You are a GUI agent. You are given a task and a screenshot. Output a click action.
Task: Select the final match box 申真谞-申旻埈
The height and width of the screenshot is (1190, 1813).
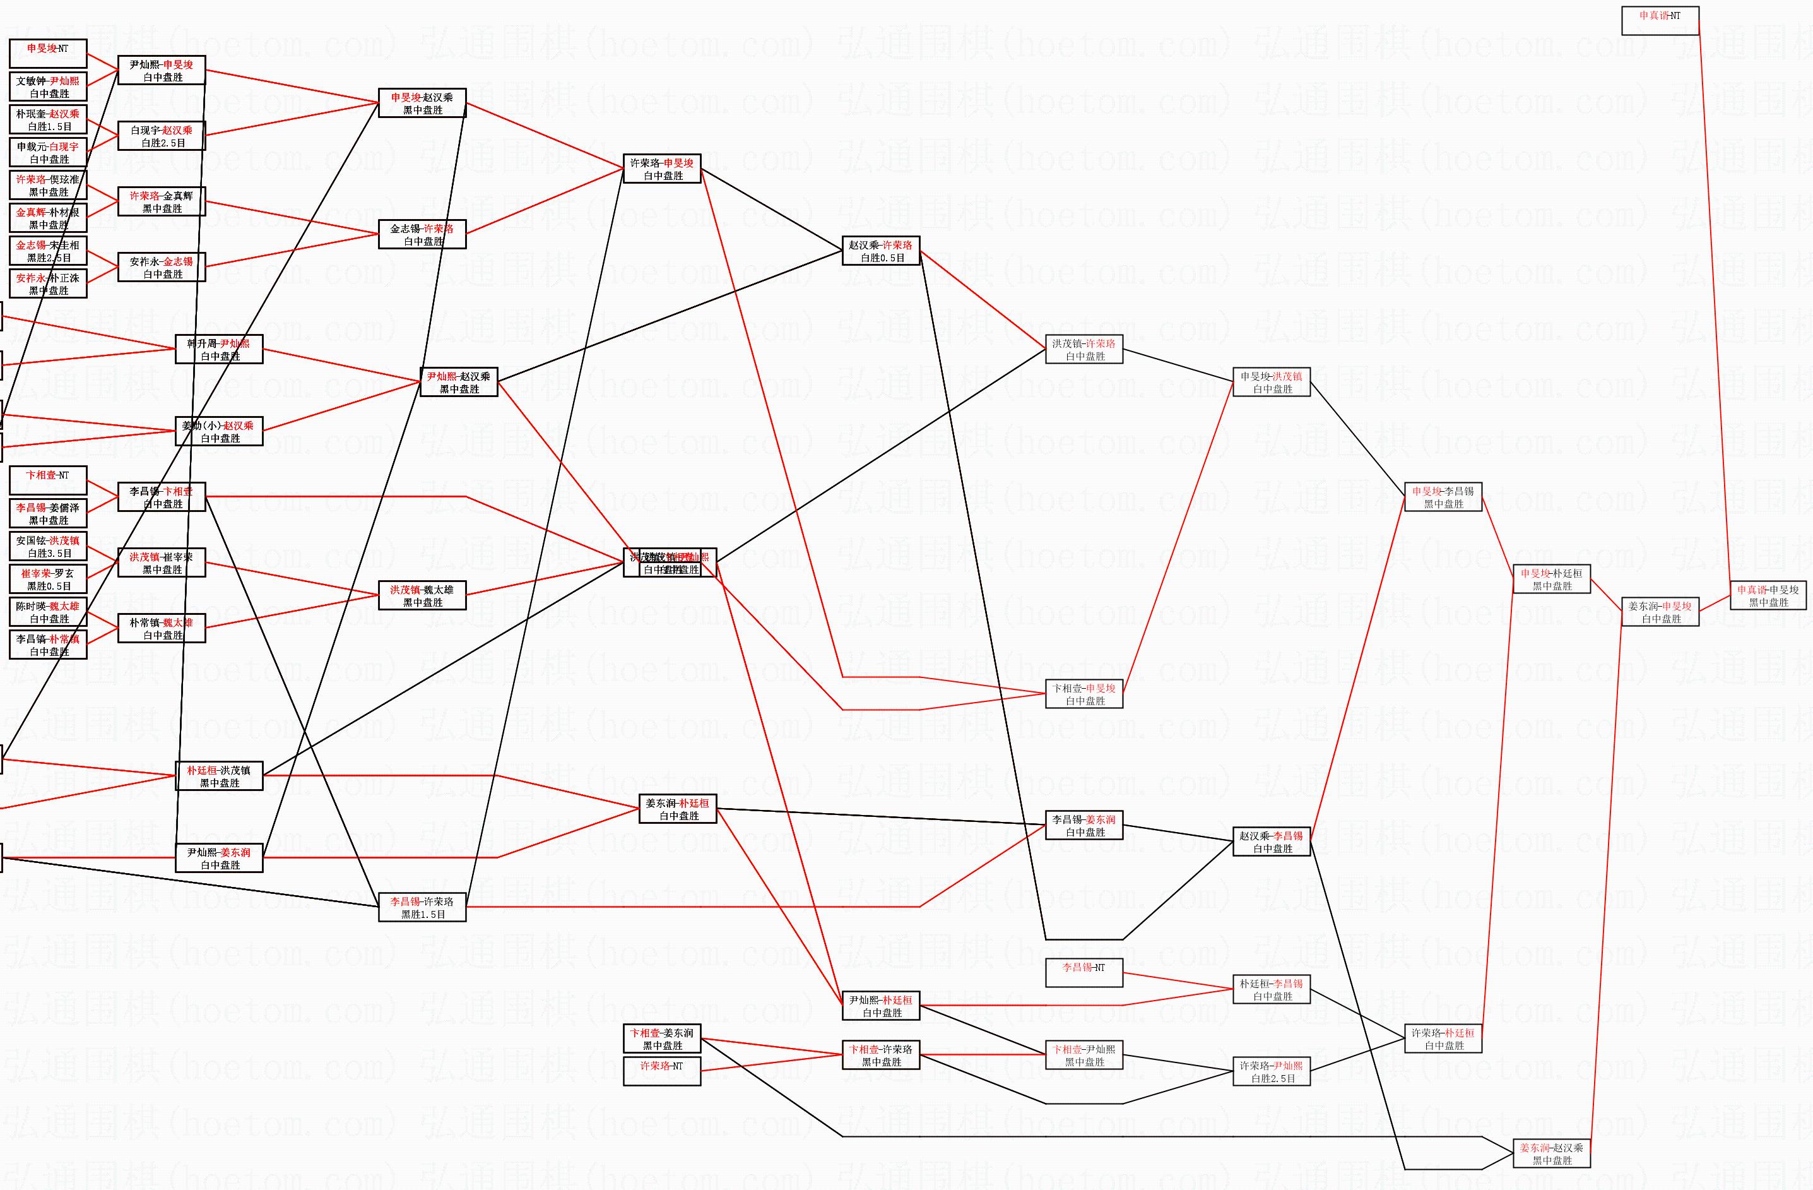click(1768, 595)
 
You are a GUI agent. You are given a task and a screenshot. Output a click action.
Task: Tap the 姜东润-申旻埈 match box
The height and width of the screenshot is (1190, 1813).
click(1660, 612)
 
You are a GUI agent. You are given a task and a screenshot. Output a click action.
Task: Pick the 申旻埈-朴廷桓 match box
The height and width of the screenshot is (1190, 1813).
click(1551, 579)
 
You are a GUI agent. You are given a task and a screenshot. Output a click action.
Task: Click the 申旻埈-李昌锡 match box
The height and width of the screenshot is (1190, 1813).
click(1443, 497)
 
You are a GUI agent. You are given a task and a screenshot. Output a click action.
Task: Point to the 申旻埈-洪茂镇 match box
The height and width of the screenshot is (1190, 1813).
click(1271, 382)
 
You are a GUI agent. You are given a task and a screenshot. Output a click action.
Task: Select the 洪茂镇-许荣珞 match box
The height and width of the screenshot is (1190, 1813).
click(1084, 349)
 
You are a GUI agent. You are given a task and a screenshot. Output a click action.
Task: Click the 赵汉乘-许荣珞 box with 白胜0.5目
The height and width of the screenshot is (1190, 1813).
click(880, 251)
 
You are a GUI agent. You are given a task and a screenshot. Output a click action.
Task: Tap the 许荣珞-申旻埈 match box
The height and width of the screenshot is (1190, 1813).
click(661, 169)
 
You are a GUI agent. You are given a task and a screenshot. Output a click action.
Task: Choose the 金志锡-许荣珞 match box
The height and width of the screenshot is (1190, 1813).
click(422, 234)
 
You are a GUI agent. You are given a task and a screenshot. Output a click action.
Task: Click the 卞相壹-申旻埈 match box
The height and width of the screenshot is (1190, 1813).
click(1084, 693)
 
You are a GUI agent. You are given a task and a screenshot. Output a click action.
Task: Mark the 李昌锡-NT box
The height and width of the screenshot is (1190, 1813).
click(1084, 972)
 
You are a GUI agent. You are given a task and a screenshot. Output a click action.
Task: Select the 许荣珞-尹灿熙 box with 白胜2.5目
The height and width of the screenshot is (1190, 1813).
click(1271, 1071)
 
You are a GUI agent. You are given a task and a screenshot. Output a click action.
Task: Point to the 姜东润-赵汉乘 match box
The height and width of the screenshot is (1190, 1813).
click(1551, 1153)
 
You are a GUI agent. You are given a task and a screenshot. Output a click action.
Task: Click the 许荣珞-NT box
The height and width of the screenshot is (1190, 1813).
click(661, 1071)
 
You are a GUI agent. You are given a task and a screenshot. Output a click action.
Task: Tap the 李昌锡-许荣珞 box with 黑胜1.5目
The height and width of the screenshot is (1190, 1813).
click(422, 907)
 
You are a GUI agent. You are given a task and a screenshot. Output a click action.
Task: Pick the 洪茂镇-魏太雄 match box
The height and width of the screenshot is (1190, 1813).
click(422, 595)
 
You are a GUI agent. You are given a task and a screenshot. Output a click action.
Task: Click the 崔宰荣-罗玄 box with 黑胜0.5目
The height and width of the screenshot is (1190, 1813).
click(48, 579)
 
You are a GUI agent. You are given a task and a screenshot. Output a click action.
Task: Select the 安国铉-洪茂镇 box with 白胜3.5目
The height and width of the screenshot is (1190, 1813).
click(48, 546)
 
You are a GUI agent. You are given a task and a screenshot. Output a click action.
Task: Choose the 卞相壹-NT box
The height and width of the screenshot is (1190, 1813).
click(48, 480)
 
